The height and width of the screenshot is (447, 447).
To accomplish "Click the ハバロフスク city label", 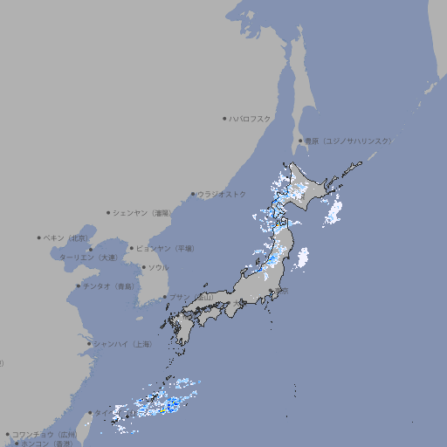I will tap(251, 119).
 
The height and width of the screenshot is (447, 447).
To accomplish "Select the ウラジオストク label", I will tap(222, 194).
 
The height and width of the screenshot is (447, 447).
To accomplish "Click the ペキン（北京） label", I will tap(66, 237).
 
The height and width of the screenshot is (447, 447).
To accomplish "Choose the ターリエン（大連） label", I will tap(87, 258).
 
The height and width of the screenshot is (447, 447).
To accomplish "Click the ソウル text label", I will tap(158, 267).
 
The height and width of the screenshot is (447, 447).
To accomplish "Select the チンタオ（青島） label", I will tap(109, 285).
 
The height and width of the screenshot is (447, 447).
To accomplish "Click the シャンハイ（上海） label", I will tap(122, 344).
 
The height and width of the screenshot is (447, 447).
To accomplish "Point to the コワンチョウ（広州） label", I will tap(45, 434).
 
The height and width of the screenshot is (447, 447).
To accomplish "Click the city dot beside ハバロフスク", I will tap(224, 118).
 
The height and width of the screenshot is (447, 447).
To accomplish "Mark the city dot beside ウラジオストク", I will tap(193, 194).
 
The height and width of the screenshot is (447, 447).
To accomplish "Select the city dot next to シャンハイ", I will tap(89, 344).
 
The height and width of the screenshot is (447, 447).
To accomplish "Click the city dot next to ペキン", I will tap(38, 237).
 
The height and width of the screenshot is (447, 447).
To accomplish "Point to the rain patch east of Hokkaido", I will tap(333, 210).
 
